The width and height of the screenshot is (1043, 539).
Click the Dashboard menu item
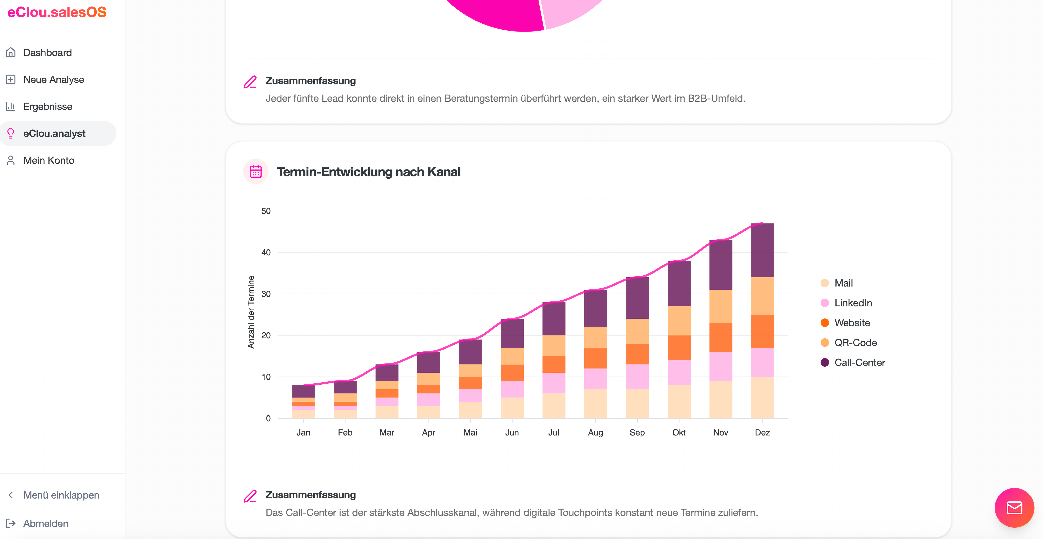[x=47, y=53]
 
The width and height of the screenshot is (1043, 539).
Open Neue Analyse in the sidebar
[x=53, y=80]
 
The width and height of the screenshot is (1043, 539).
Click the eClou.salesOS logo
[x=57, y=12]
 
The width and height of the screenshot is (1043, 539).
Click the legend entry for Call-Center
[x=853, y=363]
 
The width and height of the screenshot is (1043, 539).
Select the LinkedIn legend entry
[x=846, y=303]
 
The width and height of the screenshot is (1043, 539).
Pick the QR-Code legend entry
[x=849, y=343]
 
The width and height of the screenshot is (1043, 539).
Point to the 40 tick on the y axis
[x=266, y=253]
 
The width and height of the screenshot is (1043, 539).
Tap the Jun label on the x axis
[x=512, y=433]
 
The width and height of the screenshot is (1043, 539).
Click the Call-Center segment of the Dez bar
[x=762, y=250]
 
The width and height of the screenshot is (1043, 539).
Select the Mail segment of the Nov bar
[x=721, y=399]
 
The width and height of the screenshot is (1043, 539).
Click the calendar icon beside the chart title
[x=255, y=172]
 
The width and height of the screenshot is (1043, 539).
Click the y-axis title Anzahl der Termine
[x=251, y=312]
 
